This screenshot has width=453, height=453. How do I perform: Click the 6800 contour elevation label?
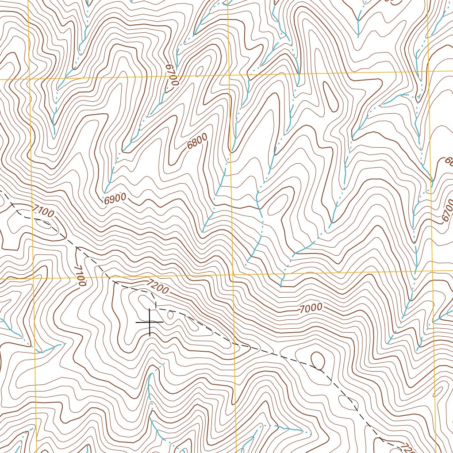coord(197,144)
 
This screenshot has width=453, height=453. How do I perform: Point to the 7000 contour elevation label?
coord(311,308)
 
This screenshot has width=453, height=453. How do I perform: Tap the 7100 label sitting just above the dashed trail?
coord(43,211)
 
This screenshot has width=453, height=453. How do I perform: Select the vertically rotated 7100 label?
coord(80,276)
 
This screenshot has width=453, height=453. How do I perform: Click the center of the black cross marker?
coord(150,322)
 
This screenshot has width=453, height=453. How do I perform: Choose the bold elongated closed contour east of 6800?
coord(330,97)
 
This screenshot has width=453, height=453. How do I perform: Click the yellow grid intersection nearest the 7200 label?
coord(233,276)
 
